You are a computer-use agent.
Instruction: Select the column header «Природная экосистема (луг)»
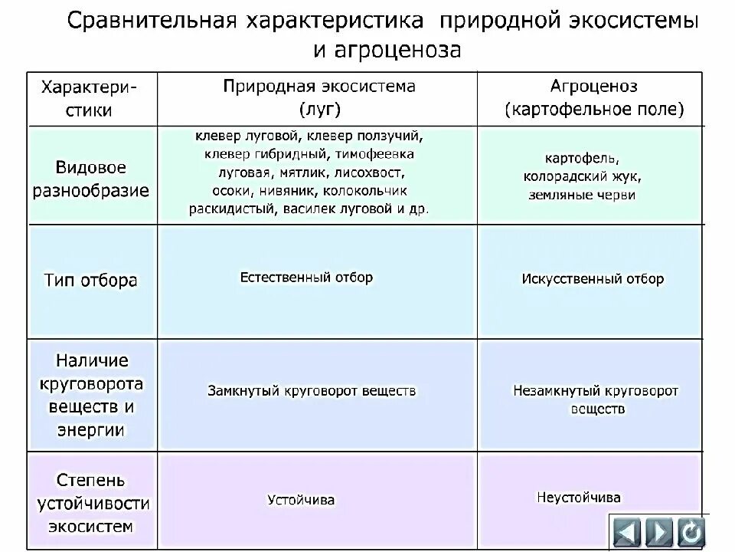click(319, 97)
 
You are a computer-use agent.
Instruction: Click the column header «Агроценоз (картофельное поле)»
click(593, 97)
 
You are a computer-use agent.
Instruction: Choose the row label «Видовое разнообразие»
click(90, 179)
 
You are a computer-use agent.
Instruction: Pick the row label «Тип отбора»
click(90, 280)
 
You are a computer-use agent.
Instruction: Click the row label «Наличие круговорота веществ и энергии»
click(90, 395)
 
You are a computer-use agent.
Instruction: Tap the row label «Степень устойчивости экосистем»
click(90, 503)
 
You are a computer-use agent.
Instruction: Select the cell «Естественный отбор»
click(306, 278)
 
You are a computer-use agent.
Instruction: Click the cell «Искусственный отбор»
click(593, 279)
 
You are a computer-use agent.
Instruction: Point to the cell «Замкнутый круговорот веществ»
click(312, 391)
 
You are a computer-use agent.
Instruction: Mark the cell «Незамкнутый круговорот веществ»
click(595, 399)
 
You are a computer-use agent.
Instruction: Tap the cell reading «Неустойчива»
click(578, 498)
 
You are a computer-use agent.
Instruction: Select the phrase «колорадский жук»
click(583, 176)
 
